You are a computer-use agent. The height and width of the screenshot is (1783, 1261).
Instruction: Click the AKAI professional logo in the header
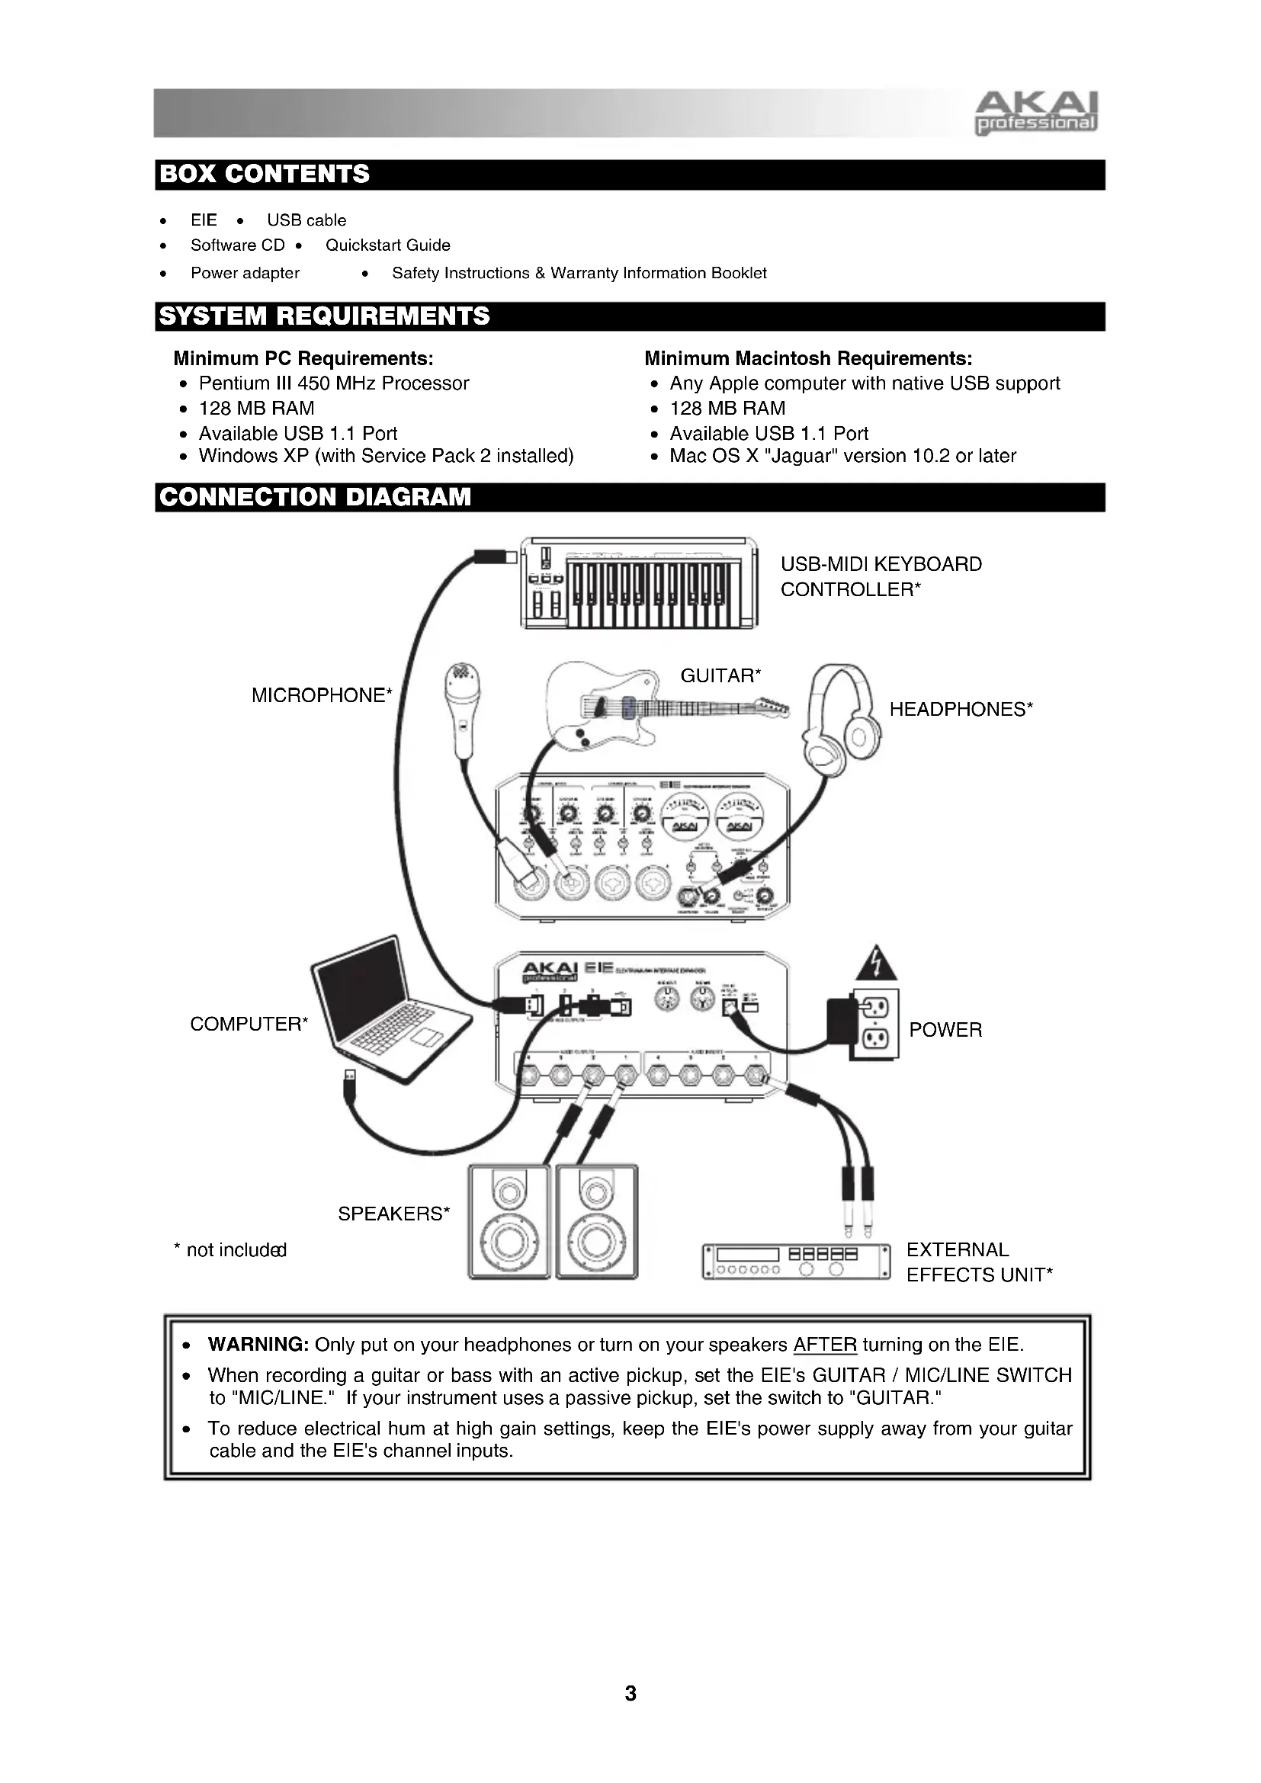click(x=1035, y=114)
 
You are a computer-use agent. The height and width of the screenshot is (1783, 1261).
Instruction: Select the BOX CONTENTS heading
click(x=264, y=174)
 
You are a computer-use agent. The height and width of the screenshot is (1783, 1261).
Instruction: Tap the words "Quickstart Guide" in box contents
click(x=387, y=245)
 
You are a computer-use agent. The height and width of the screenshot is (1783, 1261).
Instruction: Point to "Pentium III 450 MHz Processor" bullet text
click(x=334, y=383)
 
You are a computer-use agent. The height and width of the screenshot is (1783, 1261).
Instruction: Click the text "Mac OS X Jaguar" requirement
click(x=842, y=456)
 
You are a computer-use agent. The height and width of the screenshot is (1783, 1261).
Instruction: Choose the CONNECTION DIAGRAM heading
click(x=314, y=497)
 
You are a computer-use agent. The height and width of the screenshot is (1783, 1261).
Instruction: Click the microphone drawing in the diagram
click(x=462, y=708)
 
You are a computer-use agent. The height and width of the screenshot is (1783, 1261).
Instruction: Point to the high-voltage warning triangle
click(x=876, y=964)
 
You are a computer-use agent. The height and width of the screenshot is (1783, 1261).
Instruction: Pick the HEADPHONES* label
click(x=961, y=709)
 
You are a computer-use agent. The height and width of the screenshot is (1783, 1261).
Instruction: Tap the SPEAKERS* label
click(x=393, y=1214)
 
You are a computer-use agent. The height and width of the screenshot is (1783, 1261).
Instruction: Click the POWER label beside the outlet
click(x=945, y=1030)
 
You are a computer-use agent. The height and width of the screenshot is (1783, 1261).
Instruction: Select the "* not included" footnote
click(x=229, y=1250)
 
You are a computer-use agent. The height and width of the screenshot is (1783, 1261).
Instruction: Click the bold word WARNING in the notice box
click(x=258, y=1345)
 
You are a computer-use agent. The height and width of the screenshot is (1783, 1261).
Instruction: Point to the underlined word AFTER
click(x=825, y=1345)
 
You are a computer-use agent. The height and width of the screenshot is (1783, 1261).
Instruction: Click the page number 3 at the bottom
click(x=630, y=1693)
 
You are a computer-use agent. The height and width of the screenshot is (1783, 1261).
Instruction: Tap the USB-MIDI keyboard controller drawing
click(x=638, y=582)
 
